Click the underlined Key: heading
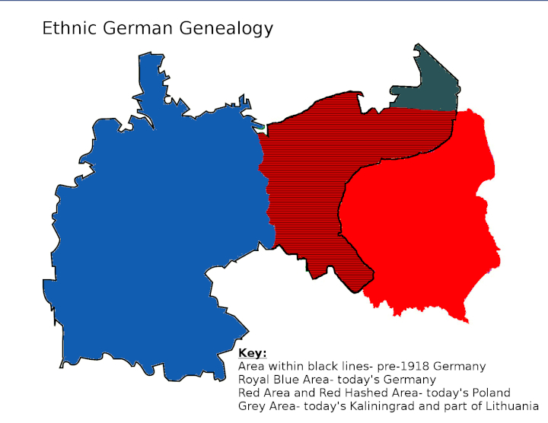pyautogui.click(x=253, y=353)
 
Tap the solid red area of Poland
pyautogui.click(x=426, y=228)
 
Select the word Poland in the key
pyautogui.click(x=490, y=393)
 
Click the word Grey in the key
pyautogui.click(x=252, y=406)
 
